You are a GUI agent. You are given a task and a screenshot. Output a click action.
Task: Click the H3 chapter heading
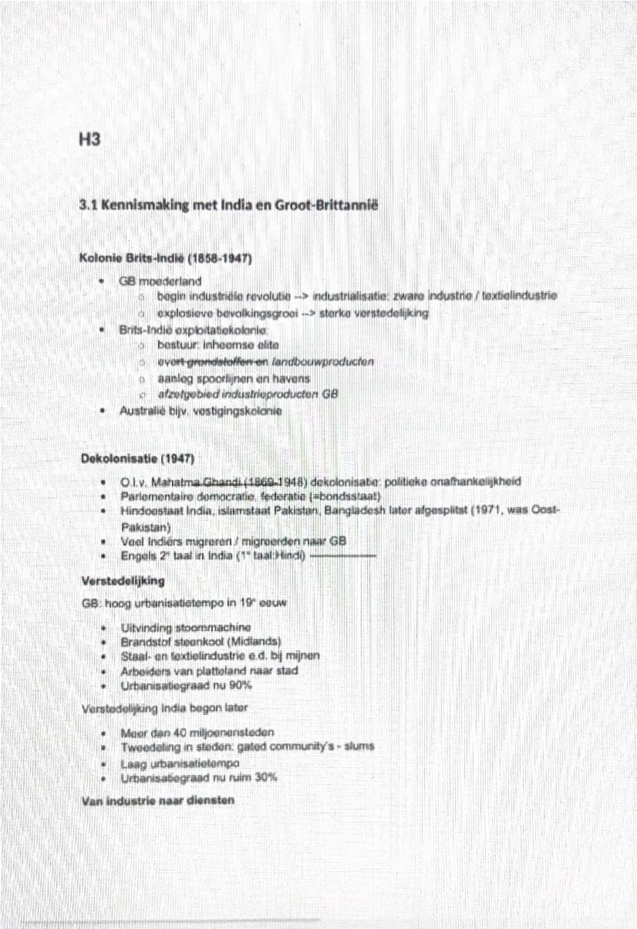pos(89,140)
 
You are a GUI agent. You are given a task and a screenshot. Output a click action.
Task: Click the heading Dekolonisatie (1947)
pos(137,458)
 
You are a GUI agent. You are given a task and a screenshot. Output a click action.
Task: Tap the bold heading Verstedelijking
pos(123,581)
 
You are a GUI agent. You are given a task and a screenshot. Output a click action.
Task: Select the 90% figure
pos(240,686)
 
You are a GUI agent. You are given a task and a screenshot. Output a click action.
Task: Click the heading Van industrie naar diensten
pos(158,800)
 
